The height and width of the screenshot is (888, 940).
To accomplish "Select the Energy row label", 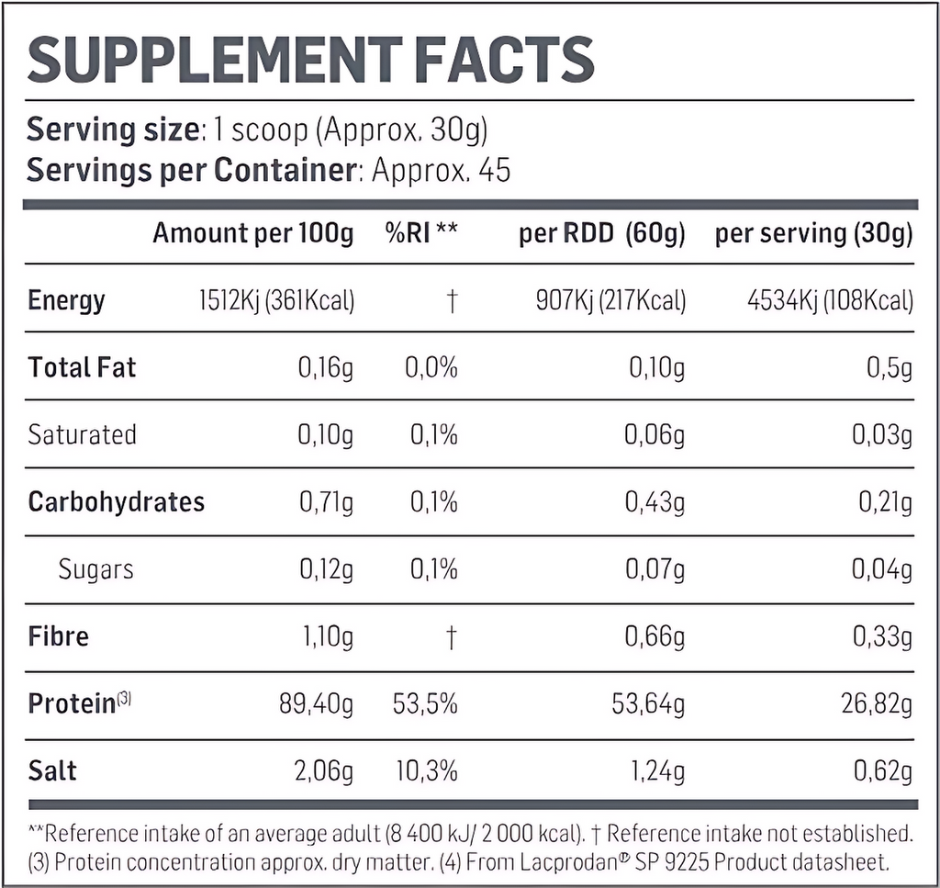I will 66,300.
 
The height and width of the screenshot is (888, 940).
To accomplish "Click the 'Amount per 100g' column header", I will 252,233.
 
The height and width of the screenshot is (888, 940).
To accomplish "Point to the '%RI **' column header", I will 421,233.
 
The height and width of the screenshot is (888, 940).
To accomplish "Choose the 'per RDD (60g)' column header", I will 601,233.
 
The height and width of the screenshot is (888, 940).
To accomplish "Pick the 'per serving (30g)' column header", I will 813,233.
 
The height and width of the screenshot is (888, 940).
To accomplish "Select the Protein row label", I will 72,704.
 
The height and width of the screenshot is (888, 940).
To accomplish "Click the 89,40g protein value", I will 316,704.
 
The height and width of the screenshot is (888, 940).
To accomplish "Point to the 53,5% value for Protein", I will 426,704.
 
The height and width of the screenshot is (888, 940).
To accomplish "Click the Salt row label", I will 52,770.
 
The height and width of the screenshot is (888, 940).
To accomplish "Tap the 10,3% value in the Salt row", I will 426,770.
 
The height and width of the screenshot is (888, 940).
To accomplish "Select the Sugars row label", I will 95,569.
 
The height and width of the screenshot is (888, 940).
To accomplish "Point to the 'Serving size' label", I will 112,129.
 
